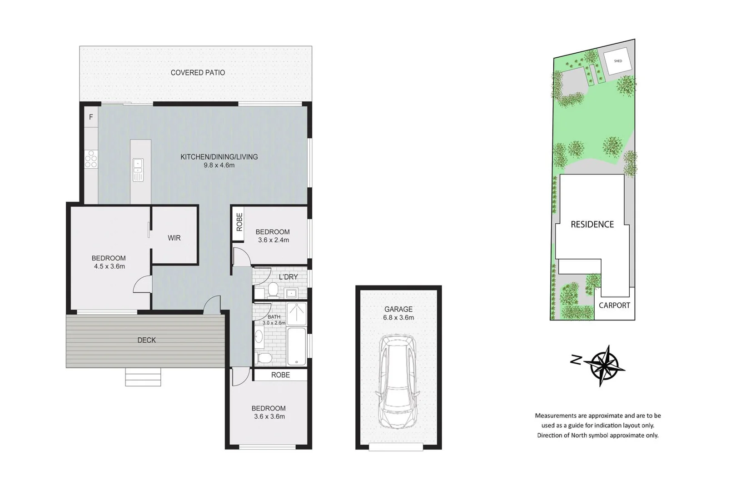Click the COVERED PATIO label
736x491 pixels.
click(x=198, y=73)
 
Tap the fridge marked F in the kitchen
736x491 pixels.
click(x=91, y=117)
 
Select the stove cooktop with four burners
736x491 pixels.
click(x=91, y=159)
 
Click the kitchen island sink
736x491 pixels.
click(x=138, y=170)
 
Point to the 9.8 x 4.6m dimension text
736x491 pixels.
click(x=219, y=165)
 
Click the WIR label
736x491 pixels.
click(x=174, y=238)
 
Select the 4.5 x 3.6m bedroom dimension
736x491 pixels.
click(x=109, y=266)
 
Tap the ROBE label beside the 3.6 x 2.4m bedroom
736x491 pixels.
click(x=239, y=222)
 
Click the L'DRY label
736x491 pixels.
click(x=288, y=277)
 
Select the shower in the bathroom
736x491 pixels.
click(x=297, y=314)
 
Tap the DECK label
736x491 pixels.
click(x=146, y=340)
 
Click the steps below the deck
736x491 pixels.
click(x=143, y=377)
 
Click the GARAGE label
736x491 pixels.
click(x=398, y=309)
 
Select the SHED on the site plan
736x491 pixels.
click(x=618, y=60)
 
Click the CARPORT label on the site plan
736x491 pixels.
click(x=614, y=306)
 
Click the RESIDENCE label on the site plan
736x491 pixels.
click(x=592, y=225)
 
